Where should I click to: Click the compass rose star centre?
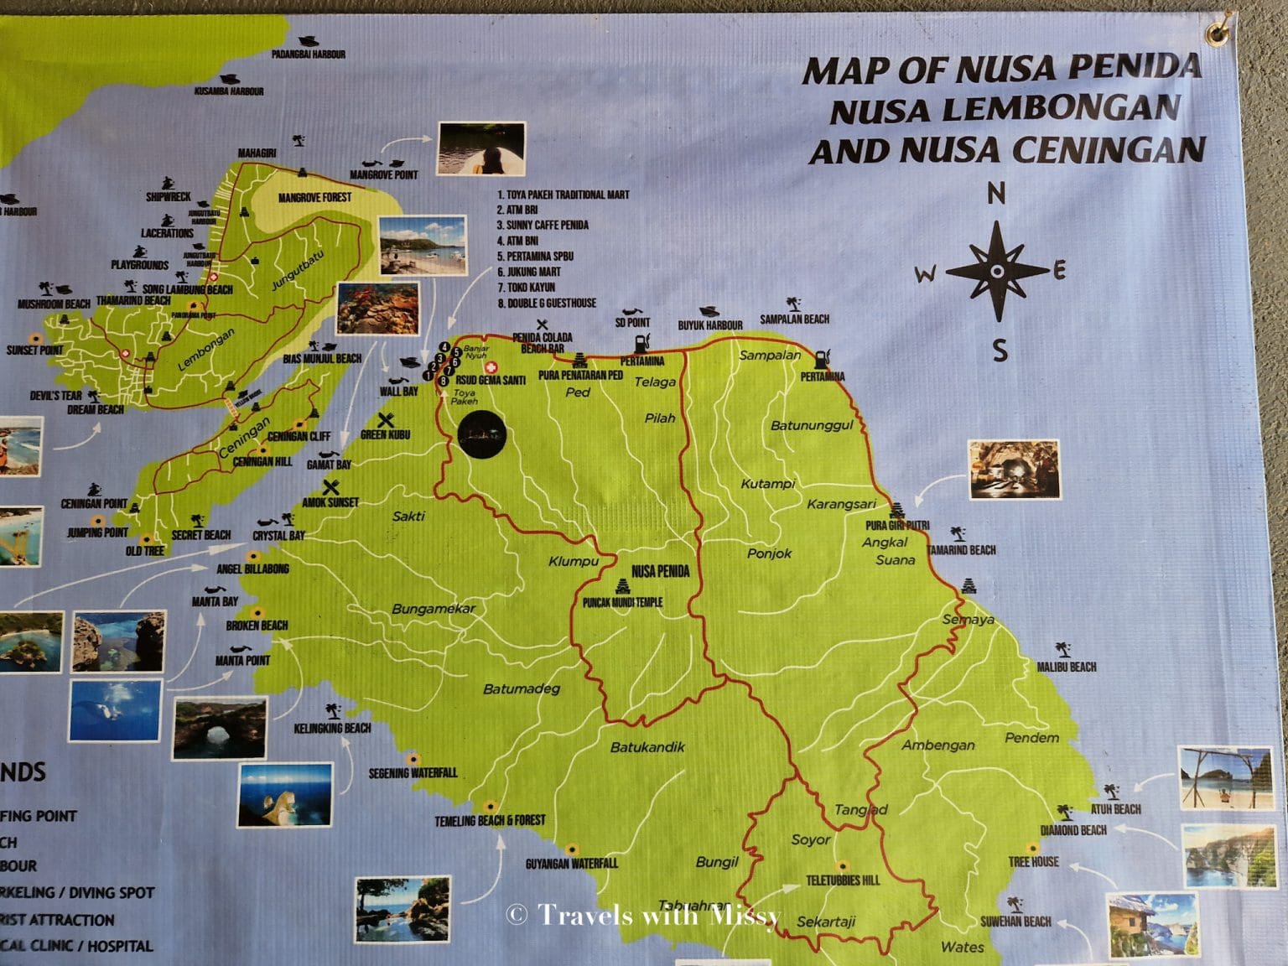[997, 272]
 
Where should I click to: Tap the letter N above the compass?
[996, 195]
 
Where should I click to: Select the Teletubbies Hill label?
[843, 880]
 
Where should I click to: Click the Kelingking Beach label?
[332, 728]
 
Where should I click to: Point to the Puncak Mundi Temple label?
[622, 602]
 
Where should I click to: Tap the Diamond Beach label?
[1073, 830]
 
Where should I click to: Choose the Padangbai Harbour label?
[309, 55]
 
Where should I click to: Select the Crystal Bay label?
[279, 535]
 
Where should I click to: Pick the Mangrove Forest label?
[315, 198]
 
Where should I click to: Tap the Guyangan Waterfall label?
[572, 863]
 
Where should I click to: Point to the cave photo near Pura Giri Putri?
[1014, 469]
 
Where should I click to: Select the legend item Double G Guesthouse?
[547, 303]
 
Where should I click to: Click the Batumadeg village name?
[521, 689]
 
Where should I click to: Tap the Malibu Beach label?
[1067, 667]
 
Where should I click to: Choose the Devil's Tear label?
[56, 396]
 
